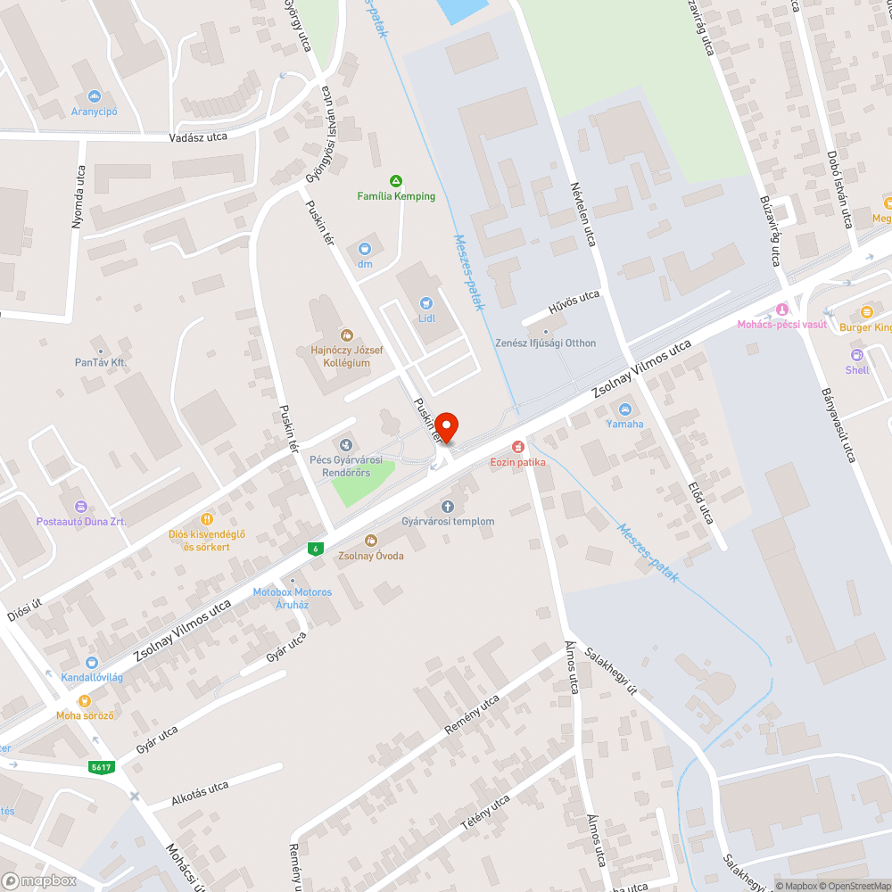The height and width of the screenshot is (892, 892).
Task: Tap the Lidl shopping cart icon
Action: [x=426, y=303]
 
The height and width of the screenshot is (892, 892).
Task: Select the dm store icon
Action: [x=364, y=249]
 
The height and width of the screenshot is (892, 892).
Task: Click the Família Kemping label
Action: [x=396, y=196]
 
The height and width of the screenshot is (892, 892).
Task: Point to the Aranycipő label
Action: [x=95, y=111]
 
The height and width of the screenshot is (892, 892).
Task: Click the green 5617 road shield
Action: [x=102, y=767]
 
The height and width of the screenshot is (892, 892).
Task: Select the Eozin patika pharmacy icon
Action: [x=516, y=446]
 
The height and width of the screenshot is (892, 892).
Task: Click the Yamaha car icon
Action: [x=624, y=409]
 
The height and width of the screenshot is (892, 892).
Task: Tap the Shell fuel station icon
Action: [x=857, y=355]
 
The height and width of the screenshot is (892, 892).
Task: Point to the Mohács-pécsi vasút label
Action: [x=781, y=325]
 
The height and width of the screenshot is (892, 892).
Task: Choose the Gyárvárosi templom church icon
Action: [x=448, y=507]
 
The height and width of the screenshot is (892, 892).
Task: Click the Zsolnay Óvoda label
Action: [x=371, y=556]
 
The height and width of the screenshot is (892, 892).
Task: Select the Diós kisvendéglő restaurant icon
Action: [x=207, y=519]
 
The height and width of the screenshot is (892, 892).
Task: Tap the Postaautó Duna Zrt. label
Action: [x=81, y=522]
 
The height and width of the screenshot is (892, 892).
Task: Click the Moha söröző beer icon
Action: [x=85, y=702]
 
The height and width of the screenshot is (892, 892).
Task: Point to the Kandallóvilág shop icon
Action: [x=92, y=663]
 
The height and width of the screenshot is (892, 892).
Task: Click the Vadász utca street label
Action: [x=199, y=136]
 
